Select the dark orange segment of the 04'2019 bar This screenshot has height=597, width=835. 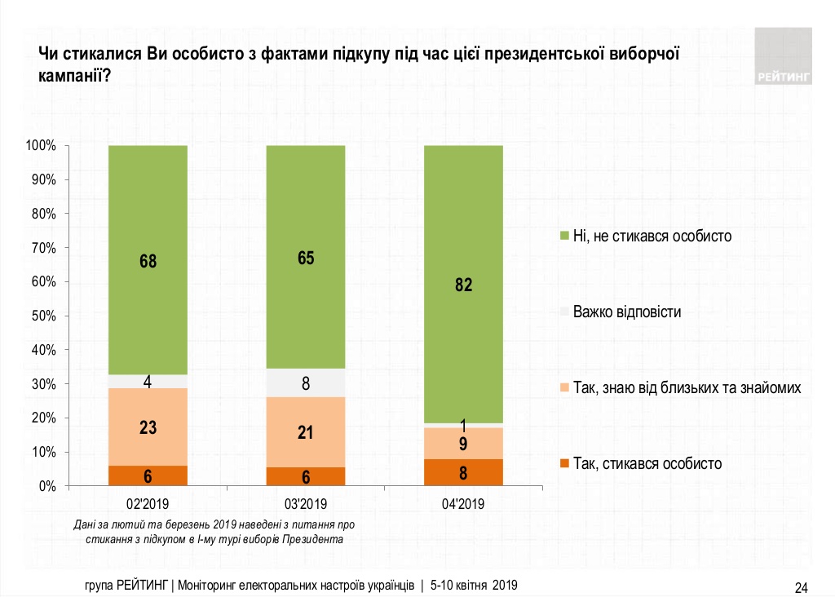pos(463,472)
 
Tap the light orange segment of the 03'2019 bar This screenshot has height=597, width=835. pos(306,431)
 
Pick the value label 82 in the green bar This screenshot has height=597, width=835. pos(463,285)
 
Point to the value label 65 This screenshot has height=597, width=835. pos(306,259)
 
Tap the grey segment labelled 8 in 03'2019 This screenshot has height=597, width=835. pos(306,383)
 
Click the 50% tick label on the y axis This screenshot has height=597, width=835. pos(42,316)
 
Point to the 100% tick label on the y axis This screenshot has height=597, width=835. pos(40,146)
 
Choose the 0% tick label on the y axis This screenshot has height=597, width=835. pos(46,486)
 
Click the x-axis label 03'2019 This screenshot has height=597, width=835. pos(306,503)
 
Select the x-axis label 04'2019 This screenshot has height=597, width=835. pos(463,503)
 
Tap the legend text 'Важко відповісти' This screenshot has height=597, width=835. pos(627,312)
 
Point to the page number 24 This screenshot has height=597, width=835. pos(801,587)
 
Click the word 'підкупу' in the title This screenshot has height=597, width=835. pos(356,55)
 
